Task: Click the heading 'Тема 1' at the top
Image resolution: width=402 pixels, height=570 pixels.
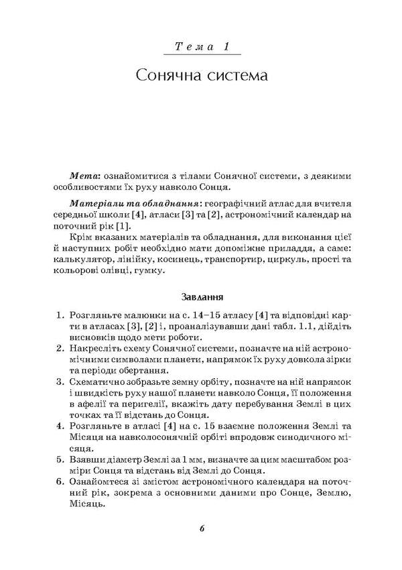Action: (201, 47)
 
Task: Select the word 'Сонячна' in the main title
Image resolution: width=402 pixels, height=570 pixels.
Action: (170, 74)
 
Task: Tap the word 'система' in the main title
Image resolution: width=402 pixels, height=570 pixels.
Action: (237, 74)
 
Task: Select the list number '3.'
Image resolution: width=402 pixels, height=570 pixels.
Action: (60, 381)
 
